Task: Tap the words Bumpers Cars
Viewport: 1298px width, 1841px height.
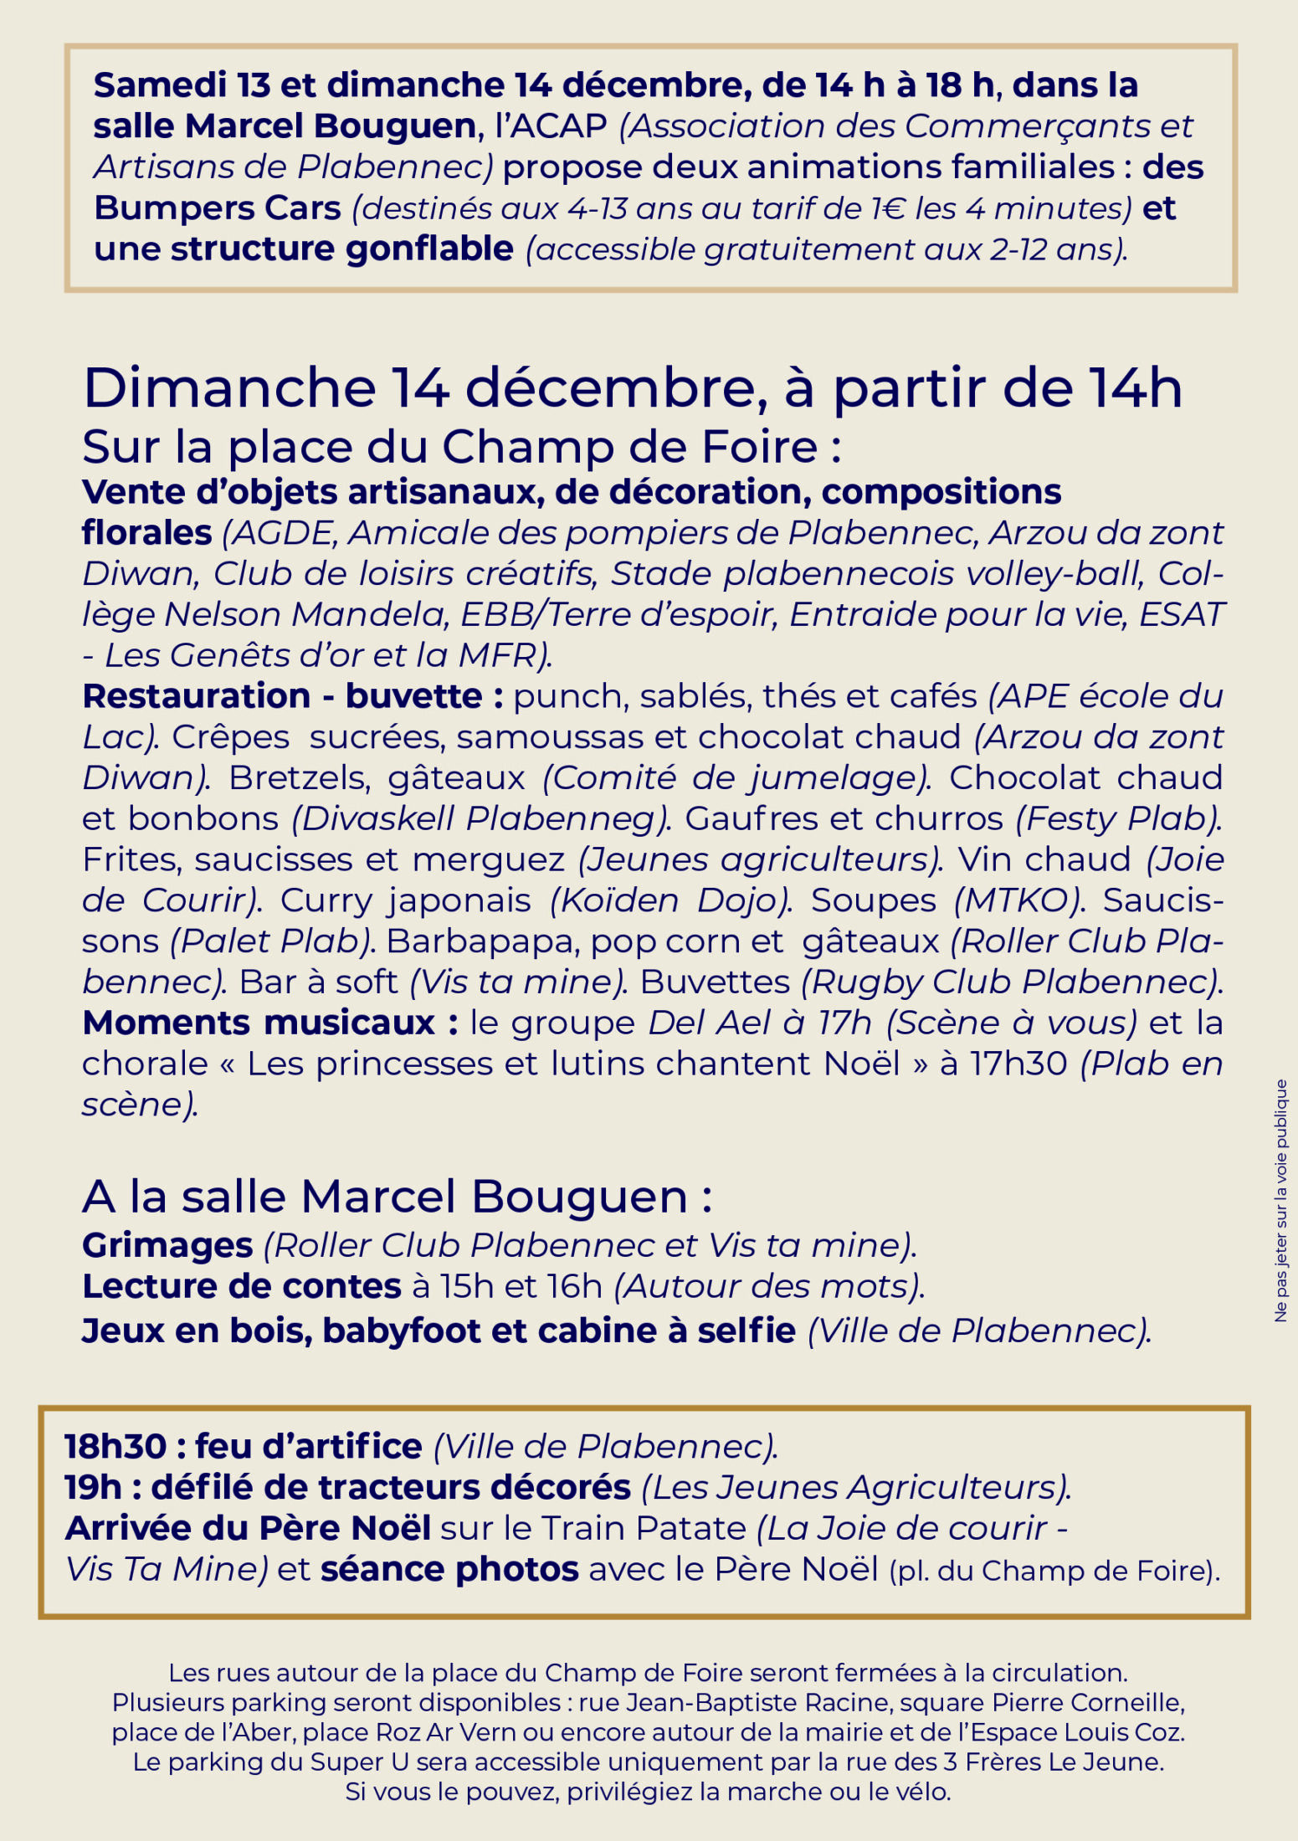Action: [x=217, y=208]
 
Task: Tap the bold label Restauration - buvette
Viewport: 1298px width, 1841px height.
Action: [x=292, y=696]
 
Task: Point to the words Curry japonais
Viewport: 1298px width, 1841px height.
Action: [x=405, y=900]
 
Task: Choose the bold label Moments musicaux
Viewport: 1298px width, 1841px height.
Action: [x=269, y=1023]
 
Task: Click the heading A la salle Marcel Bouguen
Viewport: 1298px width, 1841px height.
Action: [x=397, y=1197]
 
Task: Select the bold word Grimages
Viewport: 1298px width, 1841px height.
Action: [x=167, y=1245]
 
